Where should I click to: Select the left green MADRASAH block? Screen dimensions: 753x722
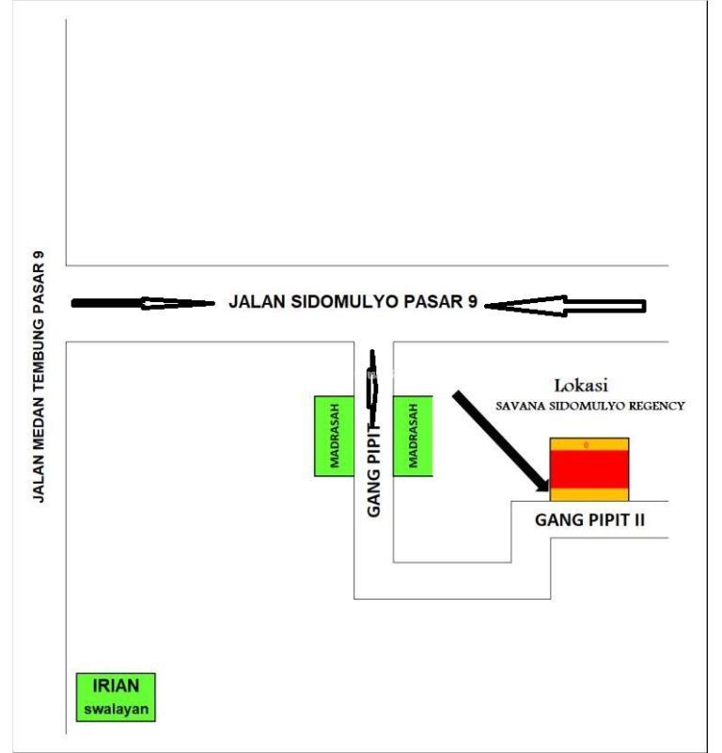[333, 436]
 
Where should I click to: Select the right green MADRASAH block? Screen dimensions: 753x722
[413, 436]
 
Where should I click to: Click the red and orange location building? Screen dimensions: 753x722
[589, 469]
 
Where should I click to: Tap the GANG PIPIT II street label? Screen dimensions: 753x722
[589, 520]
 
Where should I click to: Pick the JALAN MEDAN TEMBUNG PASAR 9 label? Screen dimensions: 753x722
[39, 376]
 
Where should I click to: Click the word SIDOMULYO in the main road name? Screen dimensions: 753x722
[357, 304]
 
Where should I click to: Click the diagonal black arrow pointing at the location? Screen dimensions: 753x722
[501, 441]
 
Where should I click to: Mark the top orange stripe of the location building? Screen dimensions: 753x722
[589, 444]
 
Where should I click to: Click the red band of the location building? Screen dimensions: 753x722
[589, 469]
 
